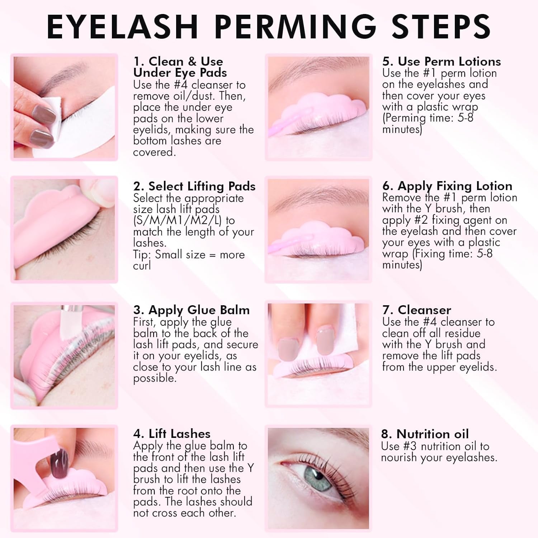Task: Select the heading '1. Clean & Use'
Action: tap(178, 61)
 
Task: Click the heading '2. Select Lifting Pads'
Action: tap(194, 186)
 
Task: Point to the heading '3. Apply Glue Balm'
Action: tap(191, 310)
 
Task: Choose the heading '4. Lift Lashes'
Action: tap(172, 434)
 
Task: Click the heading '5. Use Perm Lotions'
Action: tap(442, 61)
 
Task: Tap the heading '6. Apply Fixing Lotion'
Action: tap(447, 186)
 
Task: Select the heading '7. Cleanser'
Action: tap(417, 310)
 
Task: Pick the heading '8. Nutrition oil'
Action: tap(425, 434)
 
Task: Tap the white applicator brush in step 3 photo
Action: tap(67, 323)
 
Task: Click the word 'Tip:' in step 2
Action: tap(142, 255)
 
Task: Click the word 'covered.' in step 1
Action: tap(154, 152)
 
